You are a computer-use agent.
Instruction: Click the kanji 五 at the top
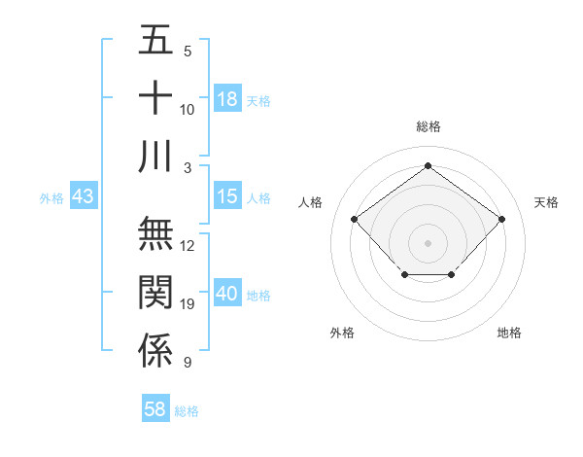(x=155, y=41)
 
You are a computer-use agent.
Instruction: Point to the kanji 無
(x=155, y=233)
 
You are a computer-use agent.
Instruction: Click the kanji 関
(x=155, y=293)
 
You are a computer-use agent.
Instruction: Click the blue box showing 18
(x=227, y=99)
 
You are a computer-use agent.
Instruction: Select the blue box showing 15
(x=227, y=196)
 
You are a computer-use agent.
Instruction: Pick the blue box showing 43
(x=84, y=196)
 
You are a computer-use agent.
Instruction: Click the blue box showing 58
(x=155, y=409)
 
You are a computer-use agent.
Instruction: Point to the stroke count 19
(x=188, y=304)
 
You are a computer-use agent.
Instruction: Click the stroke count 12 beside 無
(x=188, y=246)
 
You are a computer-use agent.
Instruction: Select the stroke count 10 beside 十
(x=188, y=110)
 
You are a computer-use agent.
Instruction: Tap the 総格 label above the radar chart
(x=428, y=126)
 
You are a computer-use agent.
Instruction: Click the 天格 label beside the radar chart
(x=546, y=202)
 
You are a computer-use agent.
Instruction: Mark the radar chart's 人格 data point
(x=355, y=220)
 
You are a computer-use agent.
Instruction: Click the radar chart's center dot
(x=428, y=242)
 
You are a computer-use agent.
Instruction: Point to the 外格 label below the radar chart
(x=342, y=333)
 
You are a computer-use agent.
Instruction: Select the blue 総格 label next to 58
(x=187, y=411)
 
